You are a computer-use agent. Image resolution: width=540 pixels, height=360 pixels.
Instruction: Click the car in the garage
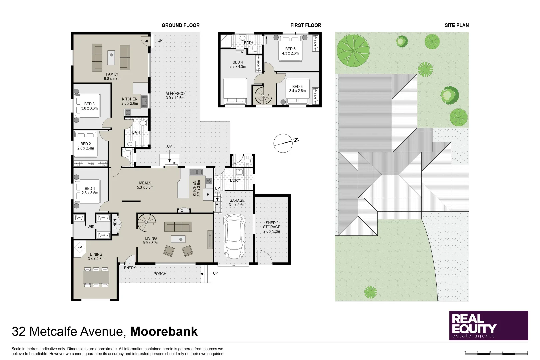[x=235, y=237]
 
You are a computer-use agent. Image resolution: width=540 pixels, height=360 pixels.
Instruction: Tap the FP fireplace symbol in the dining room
[x=79, y=248]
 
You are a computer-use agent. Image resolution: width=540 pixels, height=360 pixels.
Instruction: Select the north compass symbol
[x=283, y=143]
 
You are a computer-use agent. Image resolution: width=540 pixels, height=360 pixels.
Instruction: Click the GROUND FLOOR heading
[x=180, y=25]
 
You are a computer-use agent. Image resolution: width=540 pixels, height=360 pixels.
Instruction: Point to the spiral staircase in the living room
[x=147, y=223]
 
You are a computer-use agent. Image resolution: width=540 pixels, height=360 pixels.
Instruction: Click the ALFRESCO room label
[x=175, y=94]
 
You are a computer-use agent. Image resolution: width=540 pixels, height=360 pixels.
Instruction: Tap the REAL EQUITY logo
[x=488, y=326]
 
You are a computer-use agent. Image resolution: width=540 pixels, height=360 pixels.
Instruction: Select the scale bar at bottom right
[x=496, y=352]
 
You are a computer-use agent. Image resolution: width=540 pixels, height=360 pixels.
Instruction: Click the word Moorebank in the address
[x=164, y=331]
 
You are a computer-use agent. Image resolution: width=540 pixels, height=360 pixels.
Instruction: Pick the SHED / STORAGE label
[x=271, y=227]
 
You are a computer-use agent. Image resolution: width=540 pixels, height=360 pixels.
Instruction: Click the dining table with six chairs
[x=96, y=277]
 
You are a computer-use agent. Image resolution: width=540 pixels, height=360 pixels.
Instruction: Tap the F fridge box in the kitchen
[x=208, y=195]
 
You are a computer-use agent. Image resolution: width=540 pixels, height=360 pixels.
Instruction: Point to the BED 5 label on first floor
[x=290, y=49]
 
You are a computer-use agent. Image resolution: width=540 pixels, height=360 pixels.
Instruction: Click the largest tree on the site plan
[x=353, y=50]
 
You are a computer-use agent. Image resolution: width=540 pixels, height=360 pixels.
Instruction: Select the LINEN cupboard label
[x=115, y=224]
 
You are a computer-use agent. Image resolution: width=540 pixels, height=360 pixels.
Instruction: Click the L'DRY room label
[x=235, y=180]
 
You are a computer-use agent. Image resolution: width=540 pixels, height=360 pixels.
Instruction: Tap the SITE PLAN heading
[x=456, y=25]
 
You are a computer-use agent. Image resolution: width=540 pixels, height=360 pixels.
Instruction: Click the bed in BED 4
[x=235, y=91]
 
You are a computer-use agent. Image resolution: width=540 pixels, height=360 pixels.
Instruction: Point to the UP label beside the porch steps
[x=215, y=273]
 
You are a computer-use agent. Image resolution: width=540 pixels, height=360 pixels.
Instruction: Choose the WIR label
[x=91, y=227]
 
